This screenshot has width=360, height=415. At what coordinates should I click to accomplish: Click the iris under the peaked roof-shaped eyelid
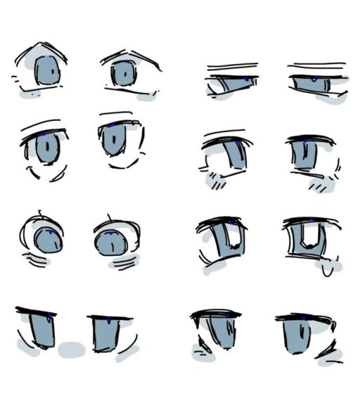(x=47, y=70)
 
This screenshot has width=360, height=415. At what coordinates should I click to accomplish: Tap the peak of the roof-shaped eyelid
(x=42, y=45)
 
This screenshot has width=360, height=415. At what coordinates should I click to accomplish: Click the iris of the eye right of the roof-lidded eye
(x=123, y=73)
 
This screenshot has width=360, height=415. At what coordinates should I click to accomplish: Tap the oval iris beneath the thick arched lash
(x=47, y=148)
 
